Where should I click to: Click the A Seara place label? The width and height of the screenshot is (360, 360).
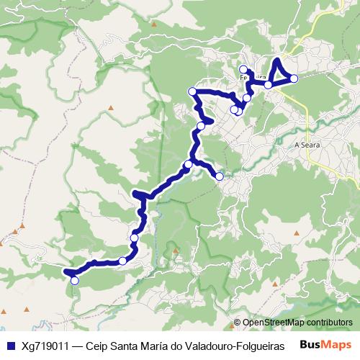click(x=307, y=145)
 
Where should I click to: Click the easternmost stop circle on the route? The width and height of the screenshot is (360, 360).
click(x=294, y=78)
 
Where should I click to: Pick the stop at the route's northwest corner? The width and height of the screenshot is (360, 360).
click(x=192, y=91)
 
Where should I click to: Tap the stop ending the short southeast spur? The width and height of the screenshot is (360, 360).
click(x=220, y=176)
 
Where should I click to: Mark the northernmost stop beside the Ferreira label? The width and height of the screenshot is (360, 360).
click(x=243, y=69)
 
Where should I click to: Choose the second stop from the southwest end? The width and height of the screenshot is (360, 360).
click(x=123, y=261)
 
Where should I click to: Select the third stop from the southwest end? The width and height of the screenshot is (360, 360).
click(x=134, y=238)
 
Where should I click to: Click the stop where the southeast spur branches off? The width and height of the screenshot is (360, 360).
click(x=188, y=165)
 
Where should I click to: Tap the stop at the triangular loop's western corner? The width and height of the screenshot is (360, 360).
click(x=268, y=85)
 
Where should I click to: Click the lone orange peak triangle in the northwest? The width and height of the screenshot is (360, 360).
click(x=112, y=108)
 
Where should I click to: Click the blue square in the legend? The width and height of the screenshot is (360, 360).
click(x=10, y=346)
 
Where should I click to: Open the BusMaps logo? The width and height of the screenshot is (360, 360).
click(x=325, y=345)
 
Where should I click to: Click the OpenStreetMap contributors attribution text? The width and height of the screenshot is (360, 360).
click(x=297, y=323)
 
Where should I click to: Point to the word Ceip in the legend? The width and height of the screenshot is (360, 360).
click(x=97, y=346)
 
